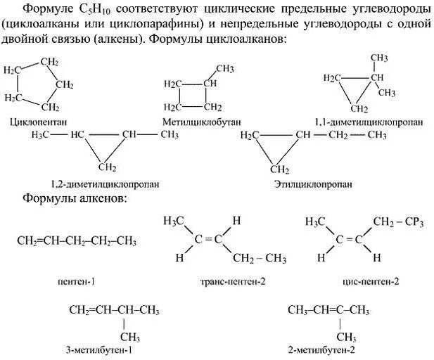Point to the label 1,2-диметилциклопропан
point(104,184)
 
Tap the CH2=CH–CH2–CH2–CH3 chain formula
point(76,240)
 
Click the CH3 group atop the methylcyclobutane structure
point(224,68)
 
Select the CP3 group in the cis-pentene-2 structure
point(413,222)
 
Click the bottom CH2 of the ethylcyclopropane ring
point(280,169)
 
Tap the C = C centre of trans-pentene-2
point(208,239)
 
